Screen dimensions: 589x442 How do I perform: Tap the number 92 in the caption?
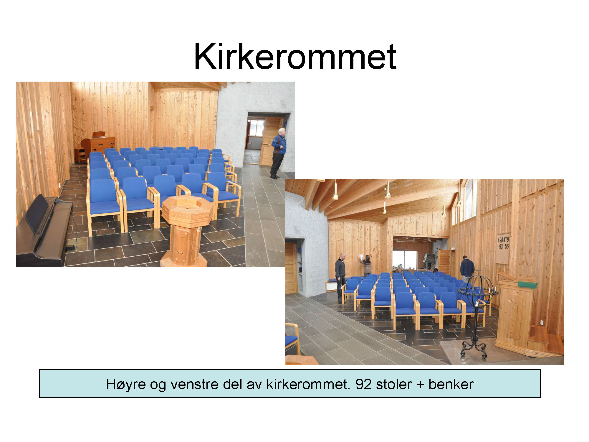(x=363, y=384)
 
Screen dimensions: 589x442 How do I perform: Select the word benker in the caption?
(x=451, y=384)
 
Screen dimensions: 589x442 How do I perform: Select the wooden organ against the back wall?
(x=97, y=146)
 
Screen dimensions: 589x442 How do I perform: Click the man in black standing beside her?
(x=340, y=276)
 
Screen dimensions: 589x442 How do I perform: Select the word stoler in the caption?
(x=393, y=384)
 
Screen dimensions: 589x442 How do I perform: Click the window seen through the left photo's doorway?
(x=255, y=128)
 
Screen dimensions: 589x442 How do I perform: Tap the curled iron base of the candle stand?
(x=474, y=349)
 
